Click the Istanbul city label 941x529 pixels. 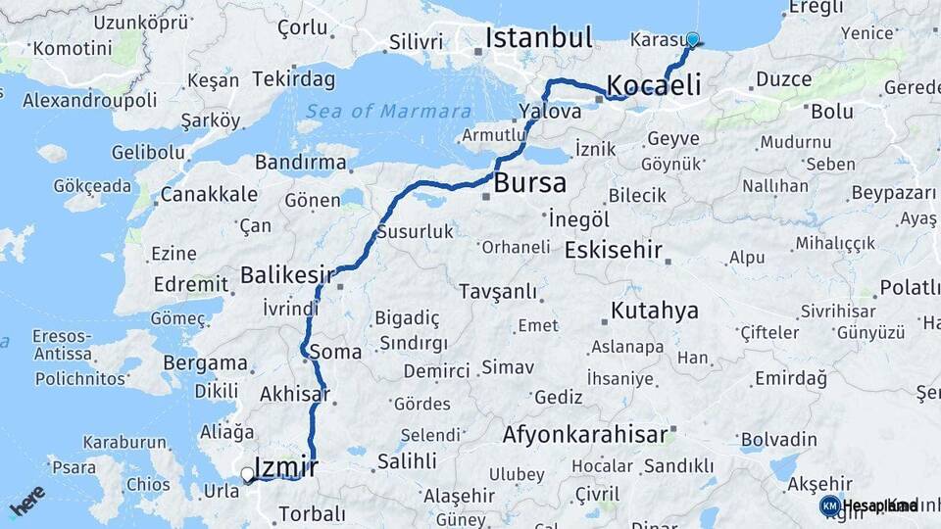pos(539,38)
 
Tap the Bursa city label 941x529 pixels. pos(529,183)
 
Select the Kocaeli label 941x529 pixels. pos(654,85)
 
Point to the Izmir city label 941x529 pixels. pos(285,466)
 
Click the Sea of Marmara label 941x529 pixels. pos(373,111)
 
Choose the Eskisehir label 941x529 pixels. pos(614,250)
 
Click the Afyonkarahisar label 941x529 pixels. pos(585,433)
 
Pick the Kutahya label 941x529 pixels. pos(655,312)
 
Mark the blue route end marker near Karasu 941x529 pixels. pos(693,40)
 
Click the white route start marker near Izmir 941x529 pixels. pos(247,475)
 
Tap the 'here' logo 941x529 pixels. pos(26,501)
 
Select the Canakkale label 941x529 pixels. pos(209,194)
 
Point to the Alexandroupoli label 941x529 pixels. pos(89,100)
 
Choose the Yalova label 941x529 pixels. pos(545,110)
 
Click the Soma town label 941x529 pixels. pos(334,351)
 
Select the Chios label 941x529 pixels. pos(148,484)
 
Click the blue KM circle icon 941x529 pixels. pos(829,505)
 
